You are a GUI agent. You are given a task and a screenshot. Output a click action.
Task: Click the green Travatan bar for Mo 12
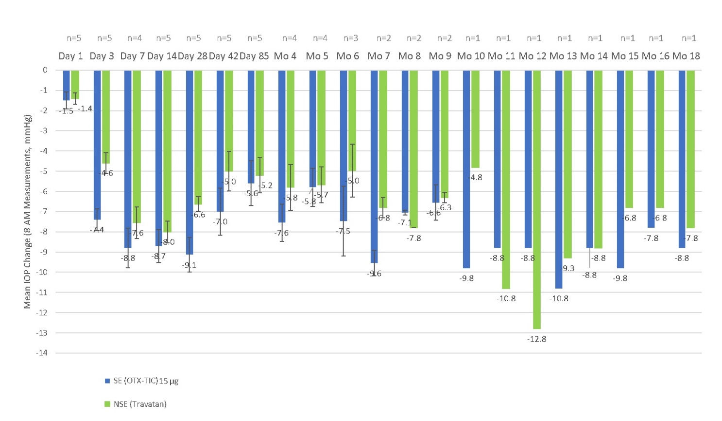(536, 200)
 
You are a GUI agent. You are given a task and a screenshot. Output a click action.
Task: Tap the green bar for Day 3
(106, 117)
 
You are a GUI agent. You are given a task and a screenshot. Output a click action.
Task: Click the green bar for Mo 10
(475, 119)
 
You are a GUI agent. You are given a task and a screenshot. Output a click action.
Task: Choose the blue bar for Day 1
(66, 85)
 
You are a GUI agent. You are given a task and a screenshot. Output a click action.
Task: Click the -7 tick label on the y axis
(43, 211)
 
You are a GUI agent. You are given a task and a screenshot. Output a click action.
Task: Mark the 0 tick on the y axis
(45, 70)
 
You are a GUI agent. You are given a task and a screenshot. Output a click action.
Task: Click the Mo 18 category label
(686, 56)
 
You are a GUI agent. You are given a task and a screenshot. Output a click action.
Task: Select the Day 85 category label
(254, 56)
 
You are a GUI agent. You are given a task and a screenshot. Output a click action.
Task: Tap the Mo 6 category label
(348, 56)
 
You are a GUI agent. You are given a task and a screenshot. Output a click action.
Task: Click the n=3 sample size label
(351, 38)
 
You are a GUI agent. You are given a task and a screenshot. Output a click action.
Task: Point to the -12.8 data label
(536, 339)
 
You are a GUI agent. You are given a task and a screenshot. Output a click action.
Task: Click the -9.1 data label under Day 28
(189, 265)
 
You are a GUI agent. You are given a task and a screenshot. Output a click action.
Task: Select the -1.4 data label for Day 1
(85, 109)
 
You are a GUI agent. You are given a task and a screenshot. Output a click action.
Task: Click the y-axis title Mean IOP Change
(28, 211)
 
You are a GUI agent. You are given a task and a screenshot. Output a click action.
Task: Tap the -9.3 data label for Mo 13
(567, 269)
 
